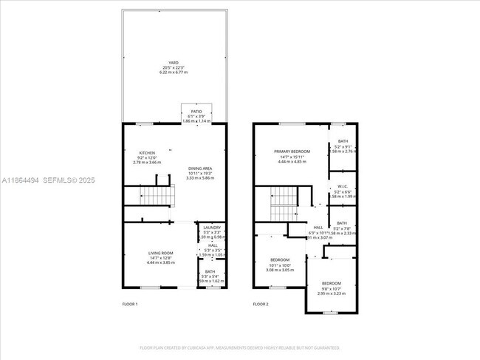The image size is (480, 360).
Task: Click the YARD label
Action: pyautogui.click(x=174, y=62)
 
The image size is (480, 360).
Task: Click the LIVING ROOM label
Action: pyautogui.click(x=159, y=253)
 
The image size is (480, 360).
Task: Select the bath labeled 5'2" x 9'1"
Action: pyautogui.click(x=343, y=141)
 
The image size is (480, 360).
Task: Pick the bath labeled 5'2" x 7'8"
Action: pyautogui.click(x=342, y=223)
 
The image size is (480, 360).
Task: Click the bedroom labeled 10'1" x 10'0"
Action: pyautogui.click(x=280, y=260)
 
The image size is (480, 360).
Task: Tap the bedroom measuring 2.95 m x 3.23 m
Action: pyautogui.click(x=332, y=293)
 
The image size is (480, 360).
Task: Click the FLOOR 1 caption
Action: pyautogui.click(x=130, y=304)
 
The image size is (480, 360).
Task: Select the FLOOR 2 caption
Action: pyautogui.click(x=261, y=304)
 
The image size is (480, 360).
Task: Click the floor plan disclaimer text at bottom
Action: pyautogui.click(x=239, y=347)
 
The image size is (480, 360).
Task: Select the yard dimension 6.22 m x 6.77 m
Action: pyautogui.click(x=174, y=72)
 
